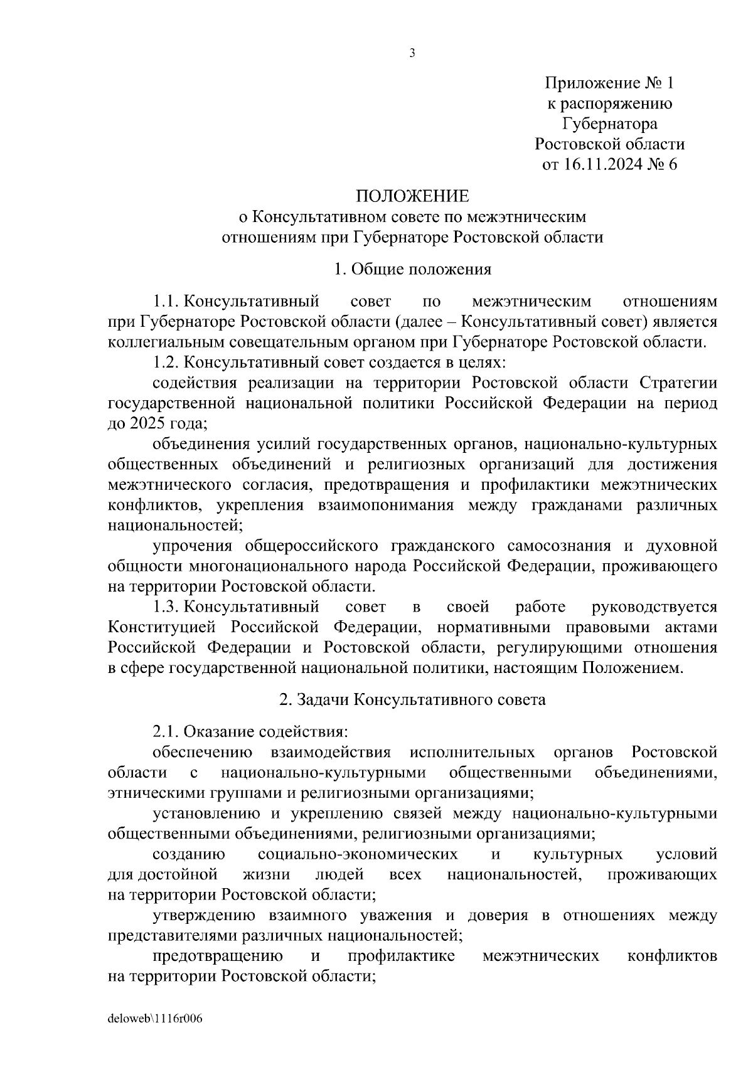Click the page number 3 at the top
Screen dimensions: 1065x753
click(x=412, y=54)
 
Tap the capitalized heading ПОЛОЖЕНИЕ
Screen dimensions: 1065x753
click(x=412, y=196)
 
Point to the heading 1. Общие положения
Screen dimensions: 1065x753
click(x=412, y=270)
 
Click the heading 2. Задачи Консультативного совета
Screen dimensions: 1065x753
click(x=412, y=699)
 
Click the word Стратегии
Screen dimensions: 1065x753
click(x=678, y=383)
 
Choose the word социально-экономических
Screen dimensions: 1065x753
click(x=358, y=854)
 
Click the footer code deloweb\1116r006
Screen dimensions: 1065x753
click(x=155, y=1019)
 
